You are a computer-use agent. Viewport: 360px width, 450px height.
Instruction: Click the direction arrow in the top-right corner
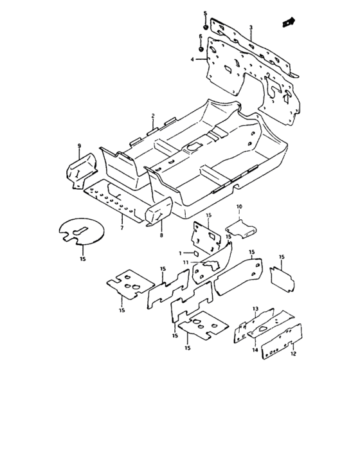coord(289,22)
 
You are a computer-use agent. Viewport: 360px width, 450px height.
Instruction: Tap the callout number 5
coord(205,14)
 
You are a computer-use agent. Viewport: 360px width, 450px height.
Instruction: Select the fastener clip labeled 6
coord(201,49)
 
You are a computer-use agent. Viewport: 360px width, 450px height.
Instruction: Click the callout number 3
coord(251,28)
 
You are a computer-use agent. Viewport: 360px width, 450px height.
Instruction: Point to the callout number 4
coord(192,59)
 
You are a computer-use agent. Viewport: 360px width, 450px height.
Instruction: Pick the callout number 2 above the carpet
coord(153,116)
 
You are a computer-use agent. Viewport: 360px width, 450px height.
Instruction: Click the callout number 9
coord(79,146)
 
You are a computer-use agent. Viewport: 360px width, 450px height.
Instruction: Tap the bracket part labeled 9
coord(82,171)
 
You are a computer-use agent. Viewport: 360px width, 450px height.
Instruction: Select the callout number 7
coord(122,228)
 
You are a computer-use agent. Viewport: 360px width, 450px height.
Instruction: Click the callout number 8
coord(161,236)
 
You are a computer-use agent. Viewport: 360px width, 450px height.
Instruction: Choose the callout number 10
coord(239,206)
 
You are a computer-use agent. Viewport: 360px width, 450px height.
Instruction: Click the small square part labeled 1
coord(195,253)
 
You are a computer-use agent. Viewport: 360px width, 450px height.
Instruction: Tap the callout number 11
coord(185,262)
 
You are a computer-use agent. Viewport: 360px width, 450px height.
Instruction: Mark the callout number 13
coord(255,309)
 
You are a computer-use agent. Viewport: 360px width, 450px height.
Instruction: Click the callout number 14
coord(255,350)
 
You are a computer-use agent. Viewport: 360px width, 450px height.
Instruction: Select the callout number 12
coord(293,354)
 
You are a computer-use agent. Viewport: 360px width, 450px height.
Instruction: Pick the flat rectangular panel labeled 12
coord(282,341)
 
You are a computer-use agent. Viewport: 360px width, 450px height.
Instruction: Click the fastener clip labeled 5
coord(206,27)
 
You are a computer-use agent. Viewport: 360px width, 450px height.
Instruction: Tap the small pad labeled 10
coord(241,228)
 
